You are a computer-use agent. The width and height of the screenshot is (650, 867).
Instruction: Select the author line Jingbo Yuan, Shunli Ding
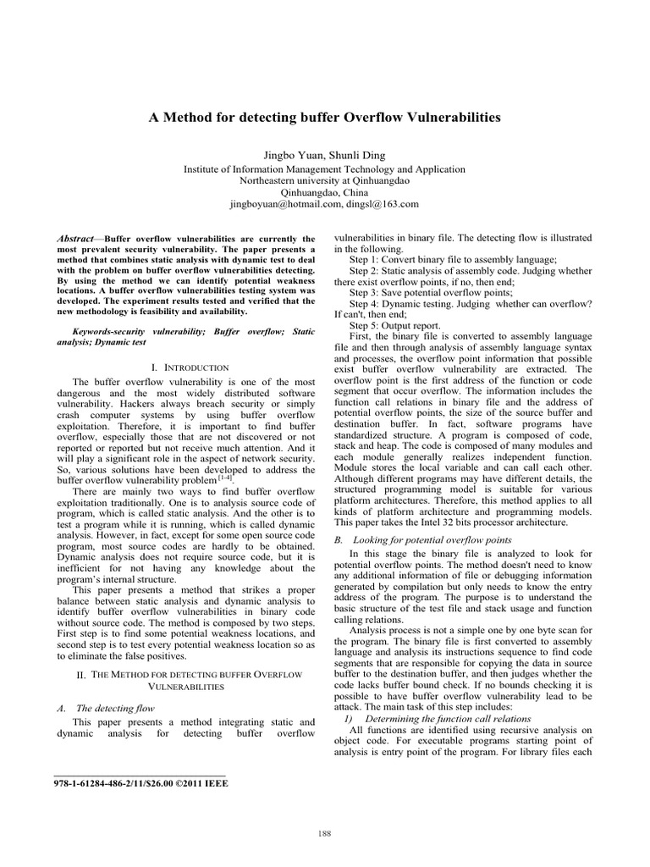(x=324, y=156)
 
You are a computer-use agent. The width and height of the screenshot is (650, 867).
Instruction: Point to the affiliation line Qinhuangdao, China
(x=324, y=192)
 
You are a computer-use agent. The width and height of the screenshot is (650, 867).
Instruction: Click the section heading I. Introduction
(x=190, y=367)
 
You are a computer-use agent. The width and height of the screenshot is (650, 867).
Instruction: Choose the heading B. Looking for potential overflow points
(x=422, y=538)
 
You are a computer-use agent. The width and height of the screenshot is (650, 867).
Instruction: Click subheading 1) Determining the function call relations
(x=437, y=718)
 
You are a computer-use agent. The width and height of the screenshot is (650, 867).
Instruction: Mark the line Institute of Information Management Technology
(x=324, y=169)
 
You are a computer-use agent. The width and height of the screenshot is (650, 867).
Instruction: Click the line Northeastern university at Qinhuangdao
(x=324, y=180)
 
